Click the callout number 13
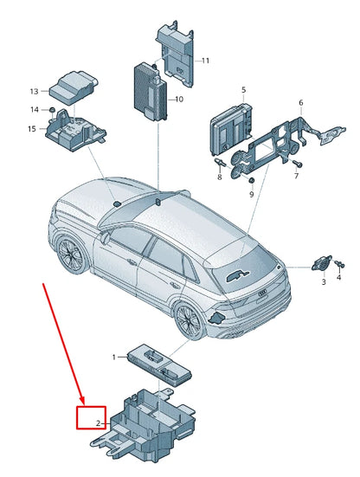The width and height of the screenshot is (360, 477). (34, 91)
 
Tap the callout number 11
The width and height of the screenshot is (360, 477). (205, 61)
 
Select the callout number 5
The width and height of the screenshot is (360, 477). (243, 90)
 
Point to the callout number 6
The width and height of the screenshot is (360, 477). (300, 103)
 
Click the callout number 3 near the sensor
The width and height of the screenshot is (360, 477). (324, 282)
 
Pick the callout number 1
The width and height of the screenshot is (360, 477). (113, 357)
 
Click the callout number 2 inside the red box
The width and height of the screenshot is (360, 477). (99, 423)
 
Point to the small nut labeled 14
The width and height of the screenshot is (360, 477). (53, 110)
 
